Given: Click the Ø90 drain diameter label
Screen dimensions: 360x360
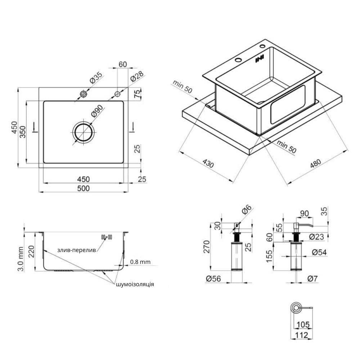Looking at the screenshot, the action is (97, 111).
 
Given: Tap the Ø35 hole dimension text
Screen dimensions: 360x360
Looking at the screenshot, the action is (96, 78).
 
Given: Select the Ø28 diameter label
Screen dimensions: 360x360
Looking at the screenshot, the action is (137, 76).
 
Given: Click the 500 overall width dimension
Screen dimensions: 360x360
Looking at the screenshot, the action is (84, 188).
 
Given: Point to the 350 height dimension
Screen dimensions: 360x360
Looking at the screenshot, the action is (22, 132).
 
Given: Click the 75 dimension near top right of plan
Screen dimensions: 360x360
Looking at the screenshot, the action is (137, 94).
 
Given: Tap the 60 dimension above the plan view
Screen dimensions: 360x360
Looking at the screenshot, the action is (123, 64).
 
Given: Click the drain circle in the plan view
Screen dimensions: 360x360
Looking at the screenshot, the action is (84, 132).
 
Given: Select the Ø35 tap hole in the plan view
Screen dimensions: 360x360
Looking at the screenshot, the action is (84, 94).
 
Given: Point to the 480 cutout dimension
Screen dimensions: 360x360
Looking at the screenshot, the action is (315, 163).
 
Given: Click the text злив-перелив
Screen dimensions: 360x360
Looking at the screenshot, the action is (76, 250).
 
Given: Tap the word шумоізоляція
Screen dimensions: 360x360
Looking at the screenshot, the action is (135, 284).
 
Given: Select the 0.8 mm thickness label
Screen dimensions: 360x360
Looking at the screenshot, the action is (140, 262).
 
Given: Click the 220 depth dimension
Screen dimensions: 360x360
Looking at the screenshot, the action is (31, 252).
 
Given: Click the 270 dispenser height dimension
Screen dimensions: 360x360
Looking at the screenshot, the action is (207, 247).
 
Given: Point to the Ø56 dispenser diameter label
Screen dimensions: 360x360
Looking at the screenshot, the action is (213, 279).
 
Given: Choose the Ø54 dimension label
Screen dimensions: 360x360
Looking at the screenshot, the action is (319, 252).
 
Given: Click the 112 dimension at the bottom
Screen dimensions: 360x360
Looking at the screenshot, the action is (301, 335).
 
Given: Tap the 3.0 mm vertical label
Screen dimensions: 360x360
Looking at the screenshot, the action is (21, 259).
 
